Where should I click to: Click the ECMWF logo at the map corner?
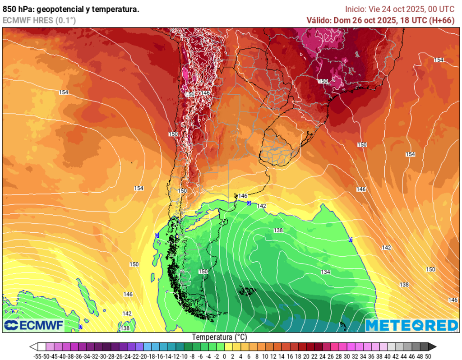(34, 325)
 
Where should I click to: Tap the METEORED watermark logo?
(411, 325)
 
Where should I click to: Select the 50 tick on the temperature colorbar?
(428, 356)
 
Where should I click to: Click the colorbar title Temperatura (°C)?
(220, 337)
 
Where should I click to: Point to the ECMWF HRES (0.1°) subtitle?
(39, 20)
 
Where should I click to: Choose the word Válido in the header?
(319, 20)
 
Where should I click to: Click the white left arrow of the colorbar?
(33, 346)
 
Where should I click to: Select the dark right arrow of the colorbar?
(432, 346)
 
